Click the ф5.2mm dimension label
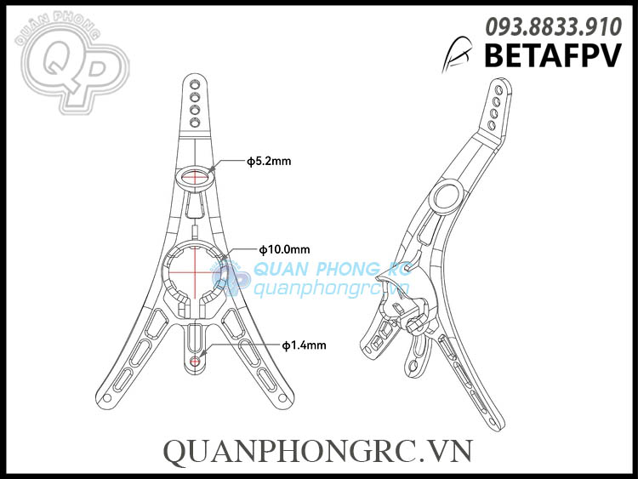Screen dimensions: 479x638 [x=269, y=160]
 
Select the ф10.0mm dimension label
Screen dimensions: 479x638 [x=284, y=249]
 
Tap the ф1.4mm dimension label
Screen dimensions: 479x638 [x=305, y=345]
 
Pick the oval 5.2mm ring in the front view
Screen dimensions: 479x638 [x=197, y=177]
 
